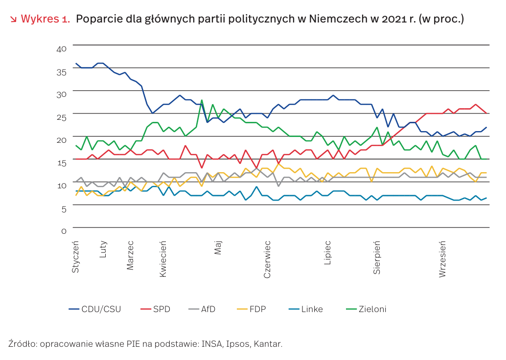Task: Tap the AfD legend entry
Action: [x=208, y=309]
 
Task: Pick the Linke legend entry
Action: [x=312, y=309]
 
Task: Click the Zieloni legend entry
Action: [x=372, y=309]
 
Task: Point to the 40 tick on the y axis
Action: [x=62, y=49]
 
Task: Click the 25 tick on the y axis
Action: [x=62, y=117]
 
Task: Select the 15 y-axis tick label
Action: [x=62, y=162]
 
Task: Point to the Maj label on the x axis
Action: [x=218, y=247]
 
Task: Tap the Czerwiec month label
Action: [x=267, y=259]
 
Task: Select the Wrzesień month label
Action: [x=442, y=259]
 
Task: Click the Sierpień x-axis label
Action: [x=377, y=257]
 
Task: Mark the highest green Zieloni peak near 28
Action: [x=202, y=100]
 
